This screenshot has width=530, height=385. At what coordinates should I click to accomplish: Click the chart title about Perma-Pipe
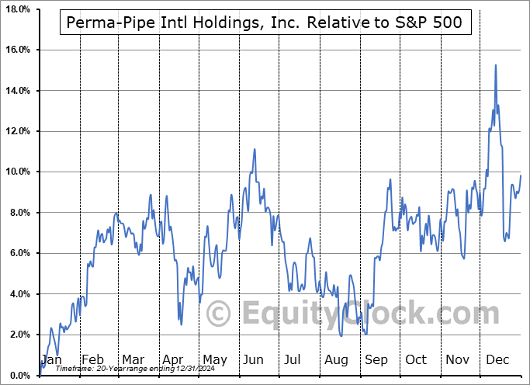click(264, 23)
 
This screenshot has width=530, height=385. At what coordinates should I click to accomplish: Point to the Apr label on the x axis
click(173, 360)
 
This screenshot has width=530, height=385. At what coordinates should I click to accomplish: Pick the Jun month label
click(254, 360)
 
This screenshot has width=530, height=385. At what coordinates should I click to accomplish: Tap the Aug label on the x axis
click(337, 360)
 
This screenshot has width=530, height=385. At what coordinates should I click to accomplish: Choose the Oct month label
click(417, 360)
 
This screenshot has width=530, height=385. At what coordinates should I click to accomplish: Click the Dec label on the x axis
click(498, 360)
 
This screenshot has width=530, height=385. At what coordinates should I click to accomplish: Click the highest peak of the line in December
click(495, 65)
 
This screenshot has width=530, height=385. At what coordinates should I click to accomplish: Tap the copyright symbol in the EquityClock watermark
click(219, 314)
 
